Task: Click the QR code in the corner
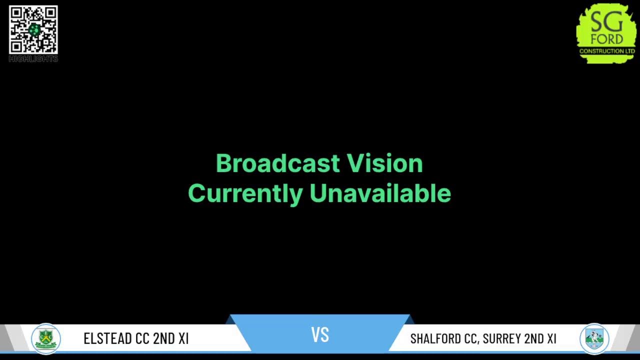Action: (x=33, y=29)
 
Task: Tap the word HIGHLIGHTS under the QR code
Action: (x=33, y=59)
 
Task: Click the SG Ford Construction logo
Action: (x=606, y=32)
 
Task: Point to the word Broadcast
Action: (x=278, y=163)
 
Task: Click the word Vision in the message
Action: (x=385, y=163)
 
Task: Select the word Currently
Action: (x=244, y=193)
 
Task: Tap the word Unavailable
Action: (x=380, y=193)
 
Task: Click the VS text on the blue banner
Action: (x=320, y=334)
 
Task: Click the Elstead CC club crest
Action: (x=46, y=338)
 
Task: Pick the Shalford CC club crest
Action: (x=594, y=338)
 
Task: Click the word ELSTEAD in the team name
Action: (x=108, y=338)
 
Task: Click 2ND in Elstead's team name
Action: (x=163, y=338)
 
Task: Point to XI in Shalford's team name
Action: (x=551, y=338)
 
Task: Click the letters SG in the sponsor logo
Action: (x=606, y=22)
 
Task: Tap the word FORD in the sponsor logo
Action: (x=606, y=39)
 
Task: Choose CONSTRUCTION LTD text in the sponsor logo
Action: (x=607, y=51)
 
